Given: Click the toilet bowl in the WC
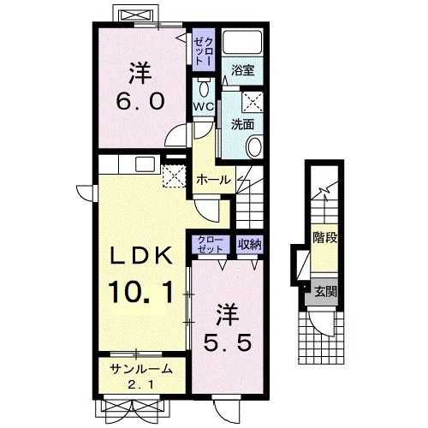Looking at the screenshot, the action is click(x=204, y=89).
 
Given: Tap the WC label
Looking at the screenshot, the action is click(x=204, y=107).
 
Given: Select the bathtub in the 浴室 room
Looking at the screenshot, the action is click(x=242, y=41).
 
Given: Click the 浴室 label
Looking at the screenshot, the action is click(x=243, y=70).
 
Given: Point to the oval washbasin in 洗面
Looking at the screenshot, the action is click(x=254, y=146).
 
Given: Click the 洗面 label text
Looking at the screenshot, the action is click(x=242, y=124).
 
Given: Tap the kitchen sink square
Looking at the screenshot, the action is click(x=145, y=164).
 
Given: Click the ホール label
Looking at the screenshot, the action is click(x=214, y=180).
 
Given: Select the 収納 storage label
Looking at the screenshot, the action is click(x=250, y=244).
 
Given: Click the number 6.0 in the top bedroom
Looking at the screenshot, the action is click(x=140, y=101).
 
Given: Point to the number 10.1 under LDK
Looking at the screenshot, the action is click(x=141, y=292).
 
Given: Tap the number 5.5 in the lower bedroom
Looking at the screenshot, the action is click(x=228, y=342).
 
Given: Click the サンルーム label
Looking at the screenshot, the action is click(x=141, y=370).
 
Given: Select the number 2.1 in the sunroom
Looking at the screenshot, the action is click(x=141, y=385).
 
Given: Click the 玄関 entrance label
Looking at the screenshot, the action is click(x=325, y=292).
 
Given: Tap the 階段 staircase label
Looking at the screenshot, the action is click(x=325, y=237).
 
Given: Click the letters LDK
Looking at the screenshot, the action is click(x=141, y=255).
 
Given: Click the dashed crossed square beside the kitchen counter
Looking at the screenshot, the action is click(x=175, y=175).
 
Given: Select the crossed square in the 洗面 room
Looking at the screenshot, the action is click(x=253, y=102).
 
